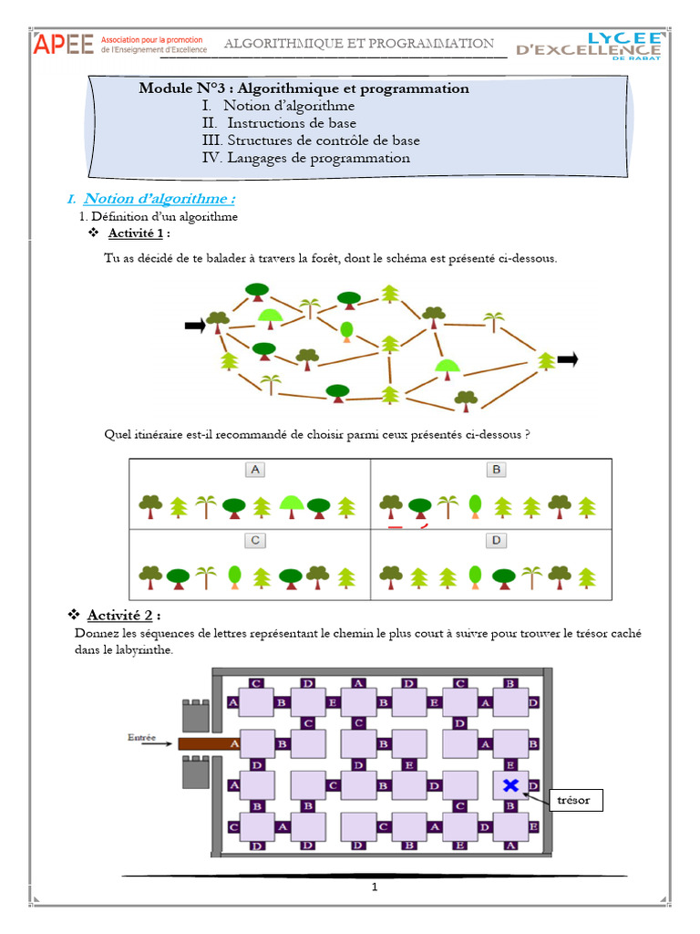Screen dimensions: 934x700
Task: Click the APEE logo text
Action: (64, 45)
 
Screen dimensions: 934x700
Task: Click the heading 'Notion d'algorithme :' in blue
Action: (160, 199)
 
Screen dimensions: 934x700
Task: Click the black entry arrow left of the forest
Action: (194, 325)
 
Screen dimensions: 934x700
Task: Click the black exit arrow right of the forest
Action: (567, 359)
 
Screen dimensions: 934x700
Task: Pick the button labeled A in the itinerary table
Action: (256, 470)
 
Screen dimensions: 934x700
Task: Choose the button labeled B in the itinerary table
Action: (496, 470)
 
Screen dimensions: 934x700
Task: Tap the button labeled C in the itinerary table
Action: (256, 541)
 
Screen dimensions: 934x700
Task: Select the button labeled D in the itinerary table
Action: (496, 541)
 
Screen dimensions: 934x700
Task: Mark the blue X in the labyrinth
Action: (510, 784)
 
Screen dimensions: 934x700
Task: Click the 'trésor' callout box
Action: (574, 801)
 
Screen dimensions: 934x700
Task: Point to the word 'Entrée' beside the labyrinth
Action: (144, 737)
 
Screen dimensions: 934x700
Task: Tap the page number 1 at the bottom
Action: (374, 887)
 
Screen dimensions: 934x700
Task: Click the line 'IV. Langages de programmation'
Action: (305, 158)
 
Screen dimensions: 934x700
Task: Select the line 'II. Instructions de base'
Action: (279, 123)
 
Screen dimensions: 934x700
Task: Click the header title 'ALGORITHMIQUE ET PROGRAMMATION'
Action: (359, 43)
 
